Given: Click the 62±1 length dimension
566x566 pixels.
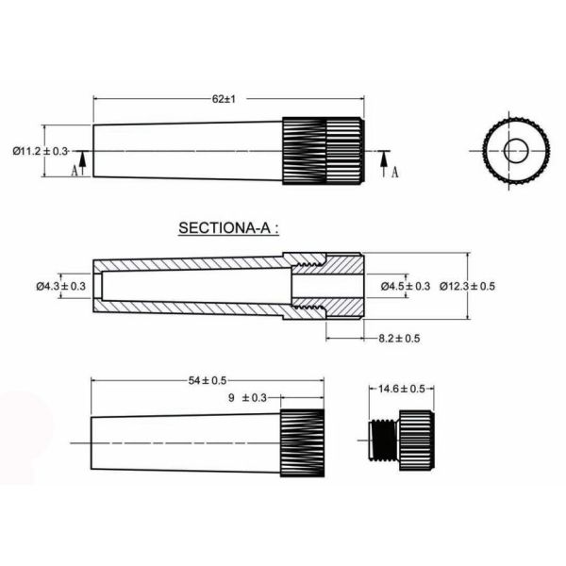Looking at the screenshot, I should coord(224,98).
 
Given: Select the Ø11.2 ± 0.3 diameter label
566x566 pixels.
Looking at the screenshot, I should coord(41,151).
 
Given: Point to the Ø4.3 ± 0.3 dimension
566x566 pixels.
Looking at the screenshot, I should coord(61,286).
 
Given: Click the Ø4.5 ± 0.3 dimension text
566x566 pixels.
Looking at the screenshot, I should coord(405,286).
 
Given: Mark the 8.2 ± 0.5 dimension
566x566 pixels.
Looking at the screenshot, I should coord(399,338).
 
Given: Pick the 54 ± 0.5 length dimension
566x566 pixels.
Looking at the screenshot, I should coord(207,380).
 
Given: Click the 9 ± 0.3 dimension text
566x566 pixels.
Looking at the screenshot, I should coord(248,398).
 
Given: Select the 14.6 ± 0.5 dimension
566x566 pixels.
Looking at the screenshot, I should coord(402,388).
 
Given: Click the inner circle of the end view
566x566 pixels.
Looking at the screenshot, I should coord(516,150).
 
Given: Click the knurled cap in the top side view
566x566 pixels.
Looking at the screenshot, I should coord(323,150).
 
